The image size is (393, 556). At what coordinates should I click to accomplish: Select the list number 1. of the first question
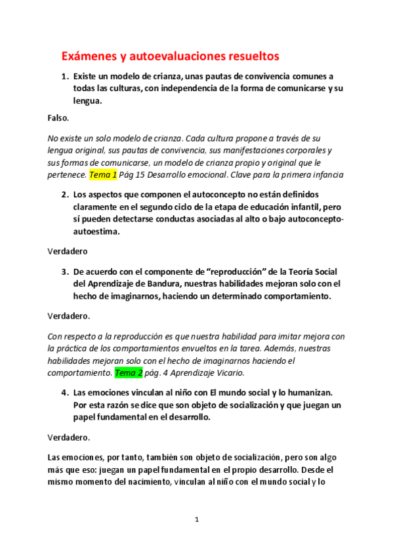(65, 76)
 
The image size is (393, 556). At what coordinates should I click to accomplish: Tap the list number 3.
(65, 271)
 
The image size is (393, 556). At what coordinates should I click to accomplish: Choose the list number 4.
(65, 393)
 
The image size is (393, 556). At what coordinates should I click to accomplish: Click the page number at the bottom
(196, 520)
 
